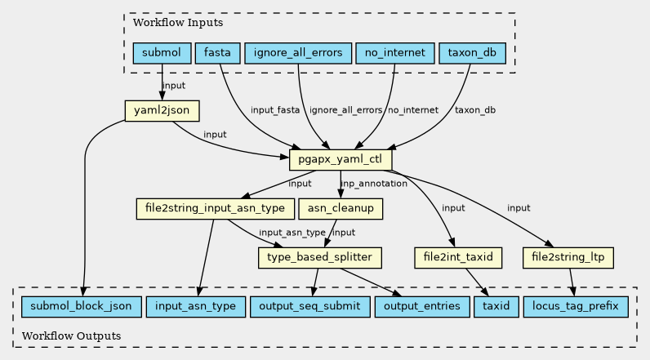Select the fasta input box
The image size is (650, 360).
click(217, 54)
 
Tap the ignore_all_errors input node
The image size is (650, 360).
click(298, 54)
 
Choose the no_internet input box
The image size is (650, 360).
click(394, 54)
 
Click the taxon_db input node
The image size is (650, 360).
click(472, 54)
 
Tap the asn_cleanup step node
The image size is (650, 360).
click(341, 209)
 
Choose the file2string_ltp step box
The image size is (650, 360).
click(568, 258)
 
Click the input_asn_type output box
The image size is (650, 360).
click(195, 307)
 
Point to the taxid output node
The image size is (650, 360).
click(496, 307)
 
